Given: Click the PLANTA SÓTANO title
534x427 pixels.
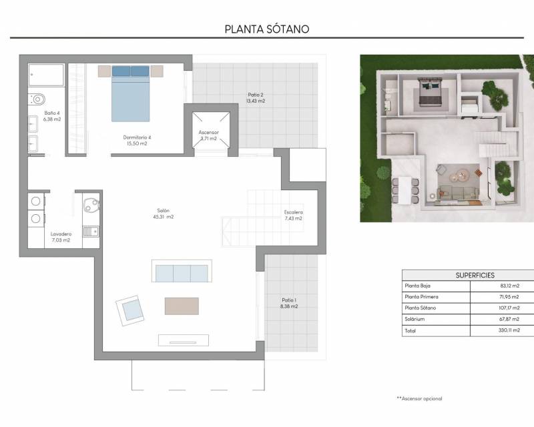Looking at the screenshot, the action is coord(267,29).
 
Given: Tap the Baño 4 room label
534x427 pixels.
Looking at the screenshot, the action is coord(52,113).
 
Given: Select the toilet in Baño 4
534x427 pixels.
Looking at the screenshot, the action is coord(37,99).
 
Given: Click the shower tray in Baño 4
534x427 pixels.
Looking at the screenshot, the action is coord(46,75).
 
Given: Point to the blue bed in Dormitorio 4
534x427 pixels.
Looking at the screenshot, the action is coord(130,93).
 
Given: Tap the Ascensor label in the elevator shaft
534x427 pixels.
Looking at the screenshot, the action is coord(209,132).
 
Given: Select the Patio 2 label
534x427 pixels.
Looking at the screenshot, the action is coord(256,95).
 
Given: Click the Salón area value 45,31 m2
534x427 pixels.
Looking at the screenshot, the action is coord(164,217).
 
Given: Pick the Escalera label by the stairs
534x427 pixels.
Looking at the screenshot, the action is coord(294,212).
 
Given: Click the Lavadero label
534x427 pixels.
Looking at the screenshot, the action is coord(61,234).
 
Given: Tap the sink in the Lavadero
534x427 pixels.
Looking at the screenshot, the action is coord(91,232).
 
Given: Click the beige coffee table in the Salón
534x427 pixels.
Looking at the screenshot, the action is coord(182,306).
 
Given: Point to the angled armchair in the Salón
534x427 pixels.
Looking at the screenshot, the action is coord(130,310).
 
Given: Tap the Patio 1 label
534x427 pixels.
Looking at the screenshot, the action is coord(289,300).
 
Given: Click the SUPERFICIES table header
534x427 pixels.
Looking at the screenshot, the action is coord(475,275).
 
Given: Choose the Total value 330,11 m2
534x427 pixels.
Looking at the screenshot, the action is coord(509,330).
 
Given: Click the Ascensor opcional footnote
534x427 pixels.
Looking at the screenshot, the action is coord(419,398).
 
